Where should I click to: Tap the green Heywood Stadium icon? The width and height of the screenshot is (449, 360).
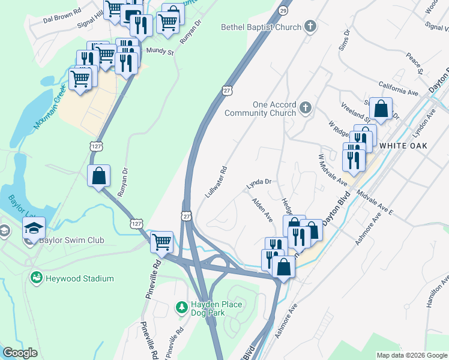(37, 278)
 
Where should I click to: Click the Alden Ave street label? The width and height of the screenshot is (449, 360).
(262, 210)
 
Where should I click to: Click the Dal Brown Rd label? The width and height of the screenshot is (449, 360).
(62, 19)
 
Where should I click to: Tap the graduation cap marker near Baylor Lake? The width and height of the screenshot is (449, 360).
(34, 227)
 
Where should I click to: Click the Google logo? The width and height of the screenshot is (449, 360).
(20, 353)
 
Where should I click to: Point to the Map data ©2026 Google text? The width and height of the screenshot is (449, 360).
(412, 355)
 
